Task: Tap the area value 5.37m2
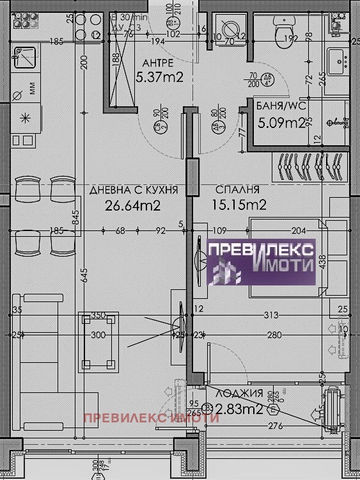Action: (x=160, y=78)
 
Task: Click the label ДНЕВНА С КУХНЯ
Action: (x=133, y=190)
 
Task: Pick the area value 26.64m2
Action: (x=132, y=205)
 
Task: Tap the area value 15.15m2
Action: (x=239, y=205)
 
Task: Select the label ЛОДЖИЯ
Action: (x=240, y=394)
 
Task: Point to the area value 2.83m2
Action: (x=239, y=410)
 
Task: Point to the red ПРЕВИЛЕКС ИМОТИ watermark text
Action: (x=152, y=419)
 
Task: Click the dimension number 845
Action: (x=76, y=221)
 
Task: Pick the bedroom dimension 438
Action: (x=324, y=264)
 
